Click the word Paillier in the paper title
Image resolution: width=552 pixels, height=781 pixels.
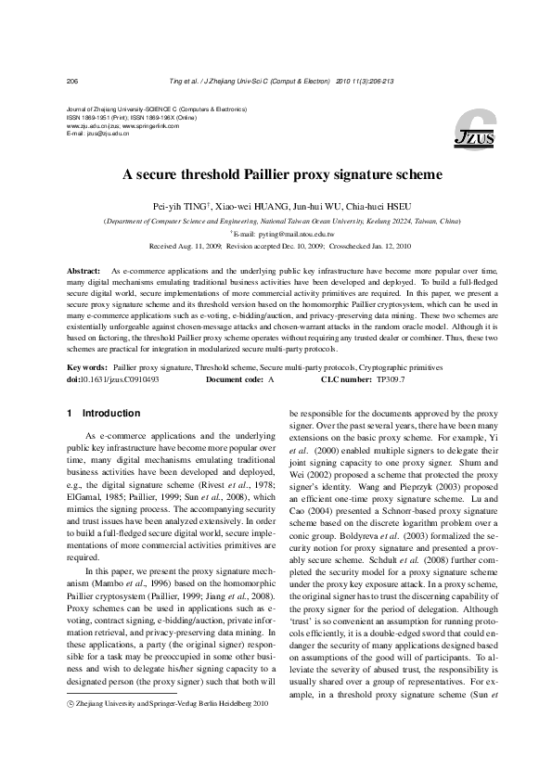279,173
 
